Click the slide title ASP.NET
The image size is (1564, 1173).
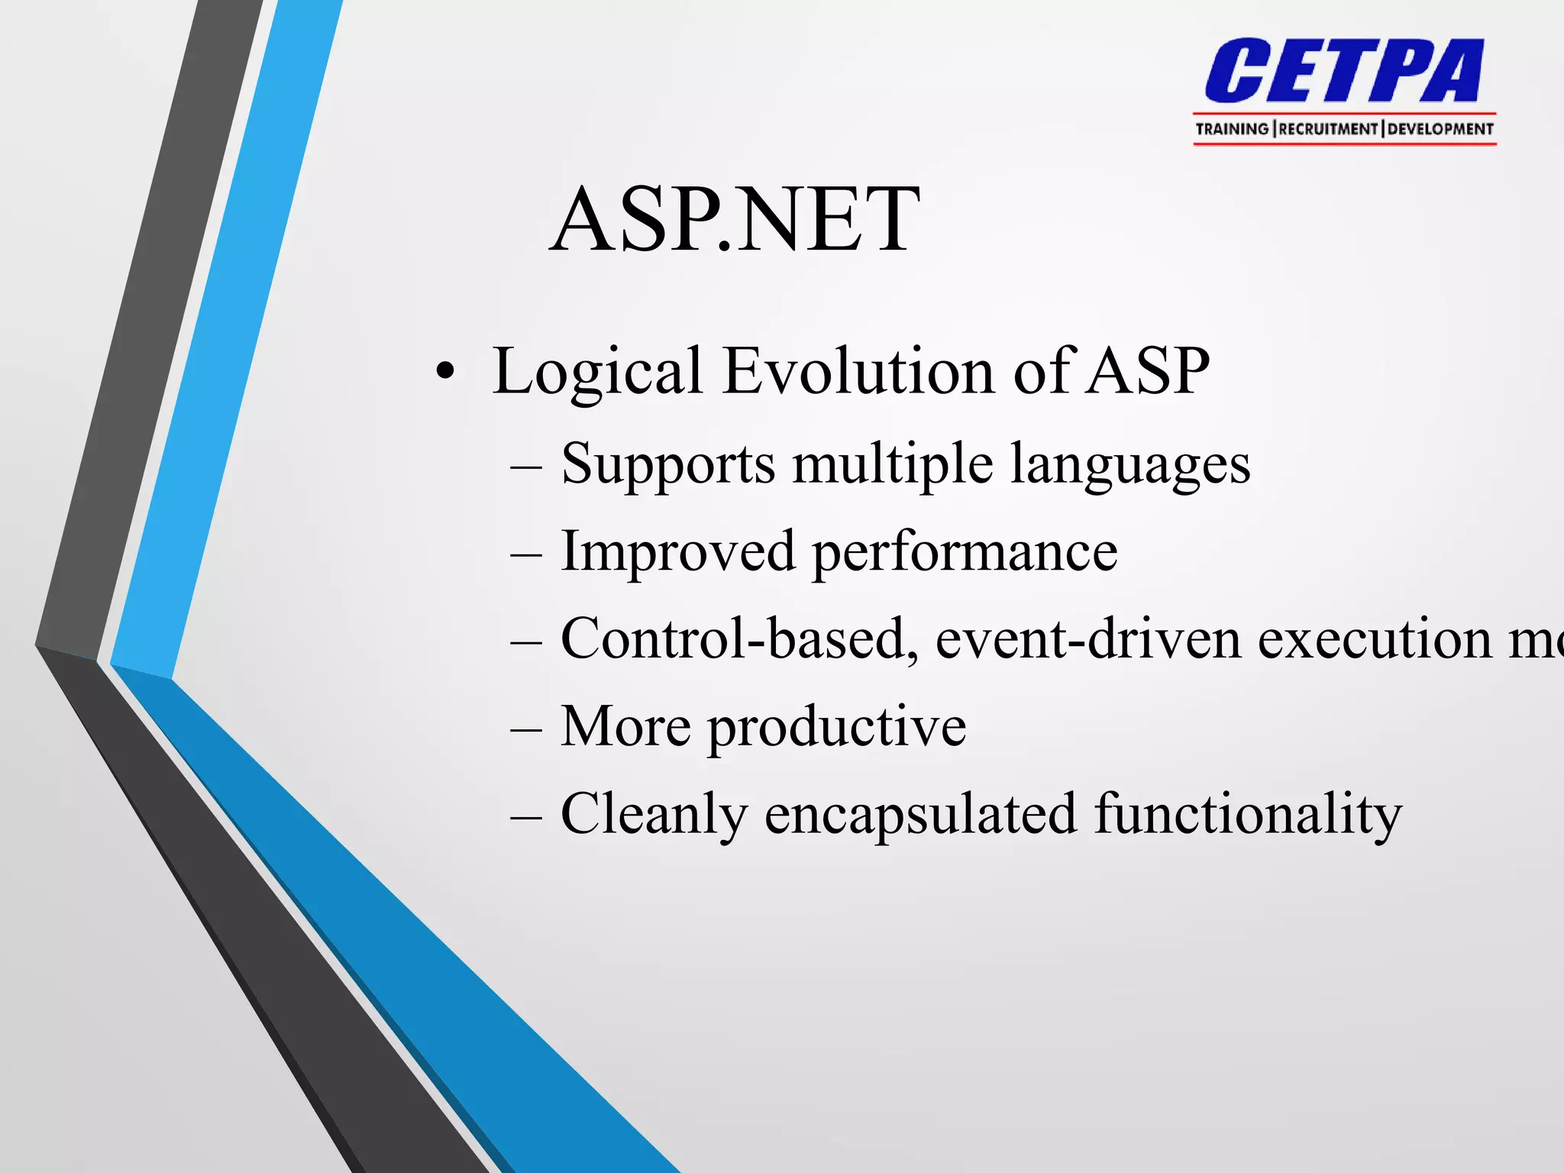735,221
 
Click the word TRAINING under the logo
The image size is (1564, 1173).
1231,129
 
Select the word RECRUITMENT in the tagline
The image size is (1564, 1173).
1329,129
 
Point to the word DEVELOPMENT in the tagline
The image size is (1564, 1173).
1440,129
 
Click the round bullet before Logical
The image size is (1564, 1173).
445,372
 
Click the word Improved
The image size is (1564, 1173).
678,551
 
